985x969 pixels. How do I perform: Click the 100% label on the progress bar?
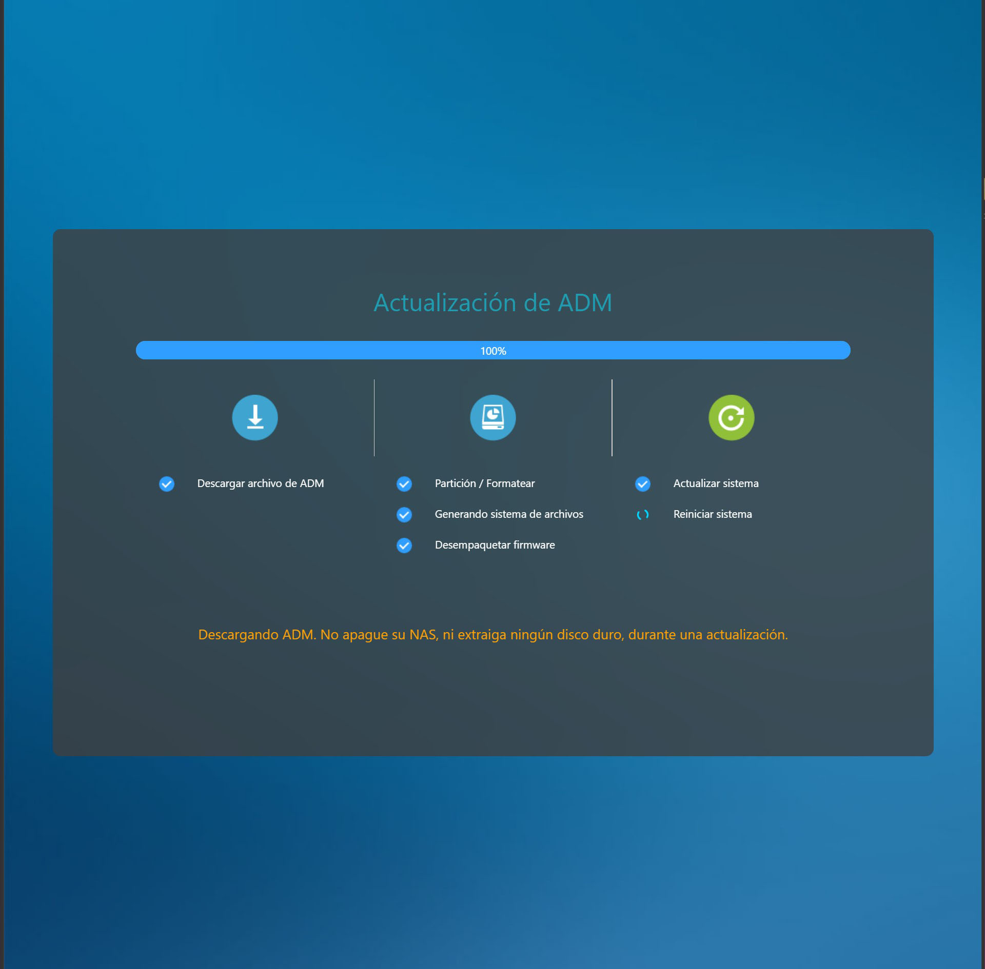pos(493,351)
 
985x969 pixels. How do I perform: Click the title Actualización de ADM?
pos(493,302)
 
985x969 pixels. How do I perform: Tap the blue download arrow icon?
pos(255,417)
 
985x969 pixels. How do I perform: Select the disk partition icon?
pos(493,417)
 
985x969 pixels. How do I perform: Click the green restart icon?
pos(731,417)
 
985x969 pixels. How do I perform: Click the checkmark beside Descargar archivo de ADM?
pos(167,484)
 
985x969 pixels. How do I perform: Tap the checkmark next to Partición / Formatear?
pos(404,484)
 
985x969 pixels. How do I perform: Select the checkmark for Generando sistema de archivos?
pos(404,515)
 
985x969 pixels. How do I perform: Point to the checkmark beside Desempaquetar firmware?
pos(404,546)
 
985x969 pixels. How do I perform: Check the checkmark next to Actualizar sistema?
pos(643,484)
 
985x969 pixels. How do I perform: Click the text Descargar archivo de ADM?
pos(261,483)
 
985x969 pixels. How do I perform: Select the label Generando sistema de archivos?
pos(509,514)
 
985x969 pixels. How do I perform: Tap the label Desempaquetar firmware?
pos(495,545)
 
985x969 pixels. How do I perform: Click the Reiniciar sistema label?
pos(713,514)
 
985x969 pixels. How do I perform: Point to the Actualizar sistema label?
pos(716,483)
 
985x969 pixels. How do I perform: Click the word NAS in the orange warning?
pos(423,635)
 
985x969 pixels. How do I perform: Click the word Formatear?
pos(510,483)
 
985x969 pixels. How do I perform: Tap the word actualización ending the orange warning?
pos(746,635)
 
